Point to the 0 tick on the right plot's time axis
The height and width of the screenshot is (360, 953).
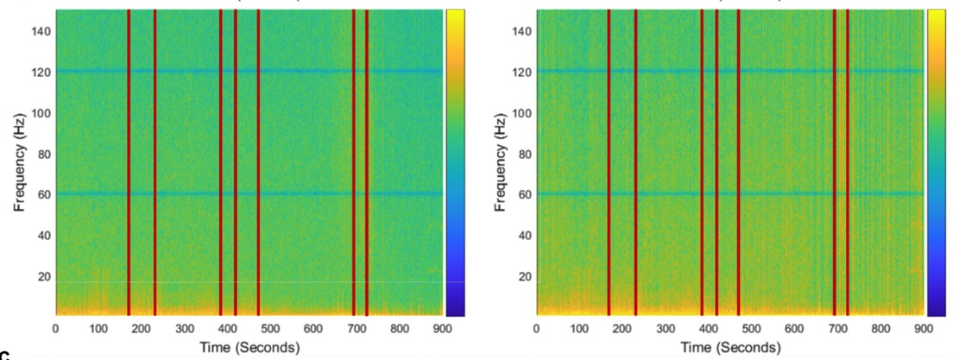coord(537,328)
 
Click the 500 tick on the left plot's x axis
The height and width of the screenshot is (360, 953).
coord(271,328)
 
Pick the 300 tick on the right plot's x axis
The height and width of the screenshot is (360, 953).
coord(666,328)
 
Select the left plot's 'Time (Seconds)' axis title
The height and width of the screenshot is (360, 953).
coord(249,347)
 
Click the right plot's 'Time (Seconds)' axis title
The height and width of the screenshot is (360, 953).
coord(730,347)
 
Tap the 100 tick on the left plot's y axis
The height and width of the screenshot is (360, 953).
coord(42,113)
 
